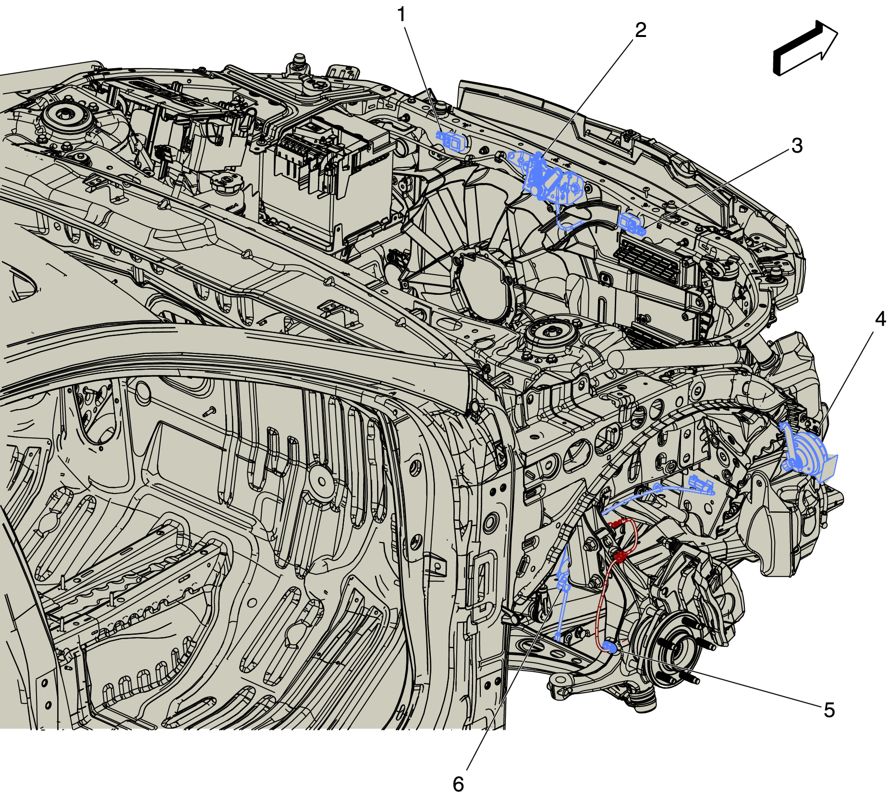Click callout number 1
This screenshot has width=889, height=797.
[x=402, y=15]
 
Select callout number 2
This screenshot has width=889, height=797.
[x=641, y=30]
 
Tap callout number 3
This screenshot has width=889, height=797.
[x=797, y=145]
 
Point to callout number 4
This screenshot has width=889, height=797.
[x=880, y=318]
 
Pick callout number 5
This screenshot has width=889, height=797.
[x=829, y=710]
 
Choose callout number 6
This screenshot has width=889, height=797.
[x=459, y=784]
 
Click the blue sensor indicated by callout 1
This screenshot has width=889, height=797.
[x=451, y=141]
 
